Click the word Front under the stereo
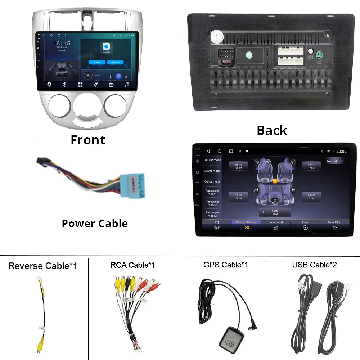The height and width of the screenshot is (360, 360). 88,139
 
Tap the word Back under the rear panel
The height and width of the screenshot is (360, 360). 272,130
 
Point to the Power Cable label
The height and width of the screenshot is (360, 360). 95,223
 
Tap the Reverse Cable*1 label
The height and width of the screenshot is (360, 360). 42,266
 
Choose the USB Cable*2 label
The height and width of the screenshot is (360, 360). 314,265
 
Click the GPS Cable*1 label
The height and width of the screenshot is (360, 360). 225,265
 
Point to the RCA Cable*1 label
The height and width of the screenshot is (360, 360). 132,265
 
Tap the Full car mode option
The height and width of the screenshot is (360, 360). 212,160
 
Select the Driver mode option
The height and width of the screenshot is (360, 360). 212,171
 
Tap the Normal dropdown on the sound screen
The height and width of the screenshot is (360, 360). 335,161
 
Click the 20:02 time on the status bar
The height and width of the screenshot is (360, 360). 341,151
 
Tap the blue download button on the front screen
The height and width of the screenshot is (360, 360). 115,62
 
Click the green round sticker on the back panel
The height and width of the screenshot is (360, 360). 249,55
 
